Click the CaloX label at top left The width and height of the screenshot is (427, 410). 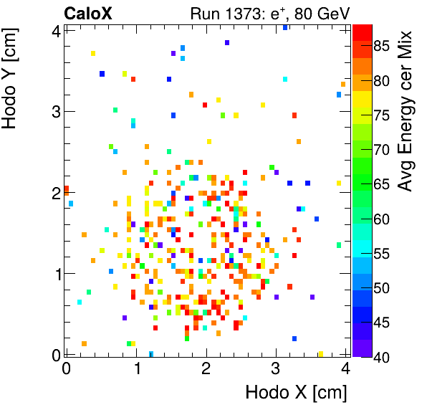87,13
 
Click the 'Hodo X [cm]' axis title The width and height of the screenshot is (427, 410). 296,393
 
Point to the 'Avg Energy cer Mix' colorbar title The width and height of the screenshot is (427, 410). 406,111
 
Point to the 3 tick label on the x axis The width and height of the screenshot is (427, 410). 276,368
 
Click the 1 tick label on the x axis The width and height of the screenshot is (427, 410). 136,368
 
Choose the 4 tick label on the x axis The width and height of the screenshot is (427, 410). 346,368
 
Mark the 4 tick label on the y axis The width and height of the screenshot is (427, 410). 55,31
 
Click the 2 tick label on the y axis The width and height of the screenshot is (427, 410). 55,193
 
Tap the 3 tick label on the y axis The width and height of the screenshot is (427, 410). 55,112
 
